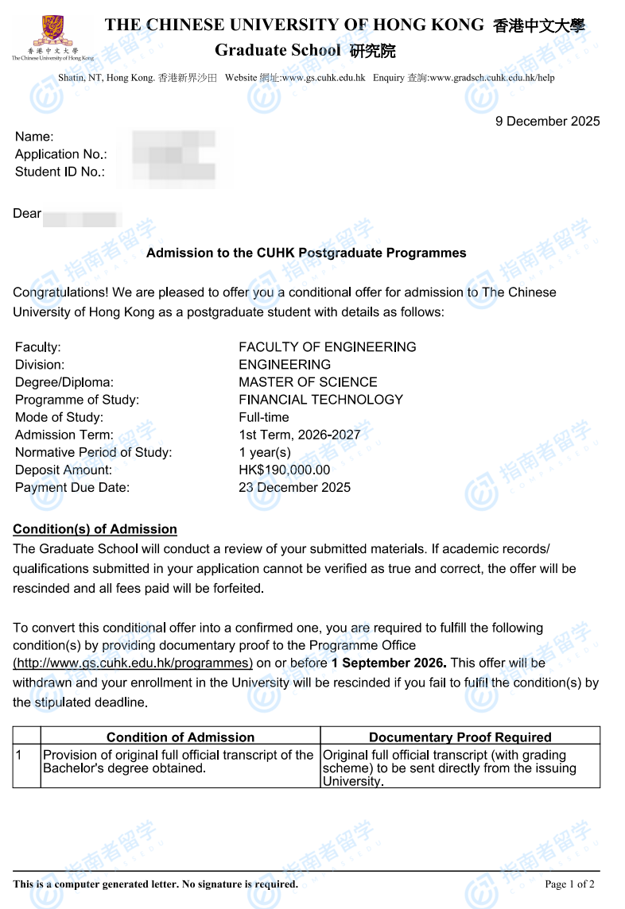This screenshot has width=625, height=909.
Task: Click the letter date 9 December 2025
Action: tap(547, 122)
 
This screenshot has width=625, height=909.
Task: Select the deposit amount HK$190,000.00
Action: tap(284, 470)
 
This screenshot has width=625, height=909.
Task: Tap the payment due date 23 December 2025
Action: tap(294, 488)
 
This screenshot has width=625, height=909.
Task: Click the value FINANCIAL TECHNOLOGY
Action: tap(320, 400)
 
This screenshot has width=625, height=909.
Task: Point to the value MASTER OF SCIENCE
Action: tap(308, 382)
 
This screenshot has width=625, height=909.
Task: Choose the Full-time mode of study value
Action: tap(264, 417)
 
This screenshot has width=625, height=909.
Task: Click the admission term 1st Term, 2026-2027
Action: tap(299, 435)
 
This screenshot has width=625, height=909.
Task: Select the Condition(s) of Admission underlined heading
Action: tap(95, 529)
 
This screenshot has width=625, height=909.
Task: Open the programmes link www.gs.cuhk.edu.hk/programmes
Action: tap(133, 663)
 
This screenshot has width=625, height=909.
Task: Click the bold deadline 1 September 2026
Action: tap(389, 663)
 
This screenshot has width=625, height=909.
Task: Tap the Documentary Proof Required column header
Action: tap(460, 737)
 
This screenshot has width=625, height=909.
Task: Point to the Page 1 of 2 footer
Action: tap(569, 884)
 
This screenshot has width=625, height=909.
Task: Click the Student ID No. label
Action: tap(60, 172)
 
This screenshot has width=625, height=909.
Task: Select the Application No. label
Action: tap(60, 154)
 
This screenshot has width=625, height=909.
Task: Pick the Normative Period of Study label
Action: tap(93, 453)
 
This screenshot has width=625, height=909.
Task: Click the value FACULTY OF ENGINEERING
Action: tap(327, 347)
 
